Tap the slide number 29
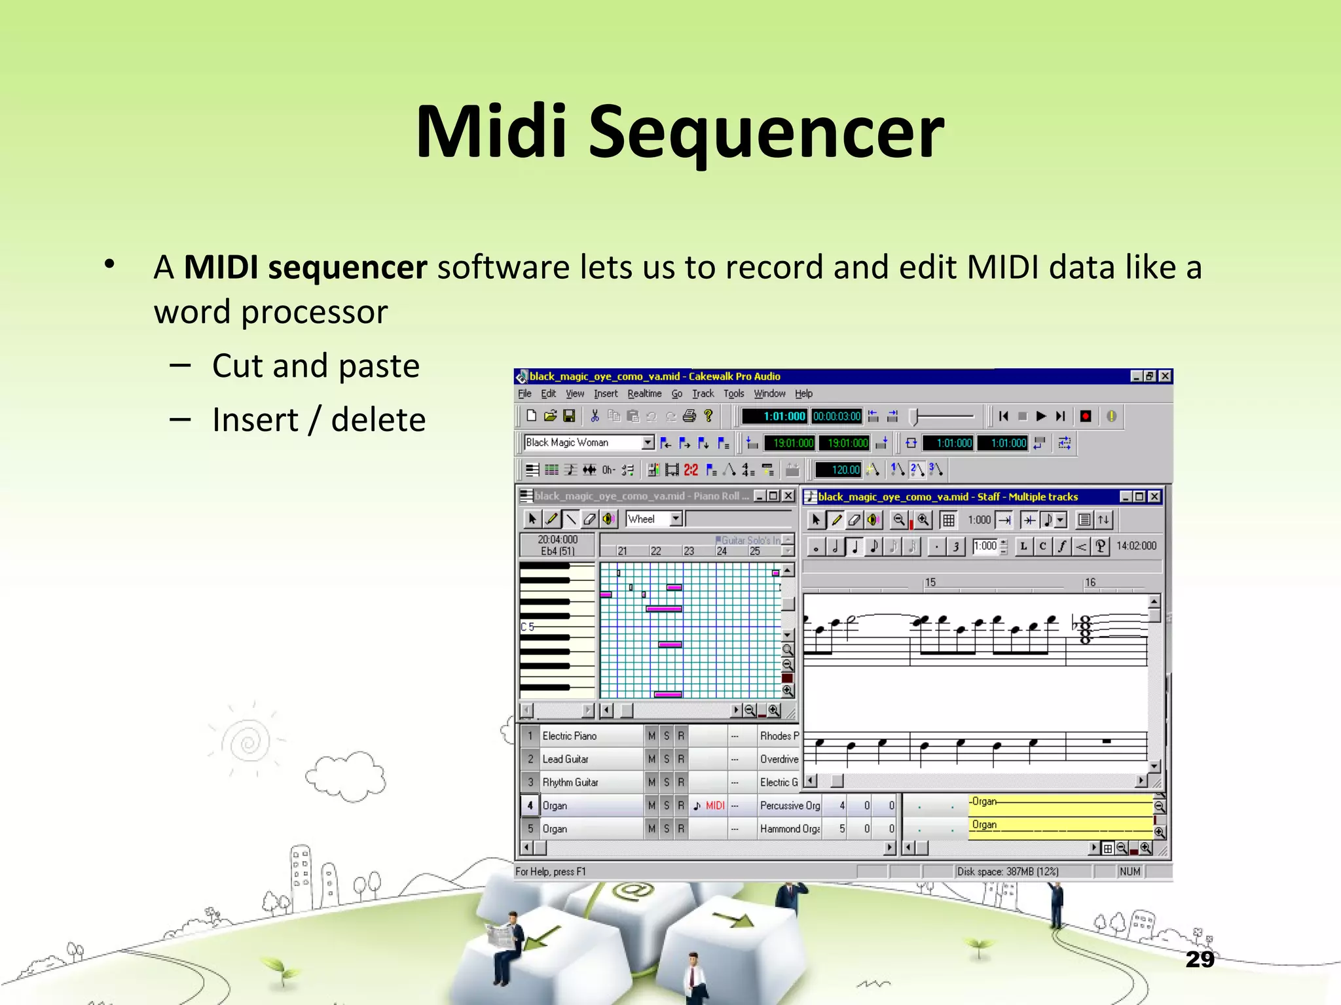[1200, 959]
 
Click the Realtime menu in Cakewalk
[644, 394]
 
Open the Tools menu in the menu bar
[733, 394]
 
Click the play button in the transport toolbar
[1041, 416]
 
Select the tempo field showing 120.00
[839, 470]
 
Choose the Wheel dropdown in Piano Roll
[653, 519]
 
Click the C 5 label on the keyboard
[528, 627]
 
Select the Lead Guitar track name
[566, 759]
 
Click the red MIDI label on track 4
[715, 805]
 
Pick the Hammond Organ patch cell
[790, 829]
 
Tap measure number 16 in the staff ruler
[1090, 582]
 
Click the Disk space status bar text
[1008, 872]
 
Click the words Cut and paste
[316, 366]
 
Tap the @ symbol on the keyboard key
[633, 890]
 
